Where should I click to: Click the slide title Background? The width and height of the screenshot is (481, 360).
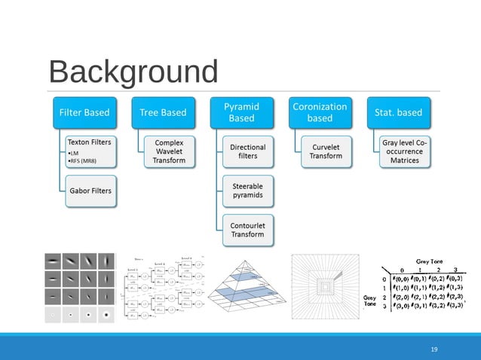[133, 72]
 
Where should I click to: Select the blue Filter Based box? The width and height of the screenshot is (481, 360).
[84, 113]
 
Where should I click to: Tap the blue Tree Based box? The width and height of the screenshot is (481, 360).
[163, 113]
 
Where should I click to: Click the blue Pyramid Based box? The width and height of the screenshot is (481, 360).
[241, 113]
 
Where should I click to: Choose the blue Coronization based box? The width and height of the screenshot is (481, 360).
[320, 113]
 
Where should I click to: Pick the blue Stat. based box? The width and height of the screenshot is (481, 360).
[398, 113]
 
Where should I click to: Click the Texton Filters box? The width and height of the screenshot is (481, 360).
[90, 150]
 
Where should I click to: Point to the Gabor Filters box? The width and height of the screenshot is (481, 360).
[90, 191]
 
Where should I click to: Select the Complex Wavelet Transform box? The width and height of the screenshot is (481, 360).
[169, 150]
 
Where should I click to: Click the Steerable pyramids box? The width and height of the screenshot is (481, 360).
[248, 189]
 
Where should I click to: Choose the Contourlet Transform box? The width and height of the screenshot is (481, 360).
[248, 228]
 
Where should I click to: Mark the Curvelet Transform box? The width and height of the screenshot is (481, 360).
[326, 150]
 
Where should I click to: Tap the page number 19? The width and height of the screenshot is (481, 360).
[434, 349]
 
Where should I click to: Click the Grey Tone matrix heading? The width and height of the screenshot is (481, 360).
[426, 261]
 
